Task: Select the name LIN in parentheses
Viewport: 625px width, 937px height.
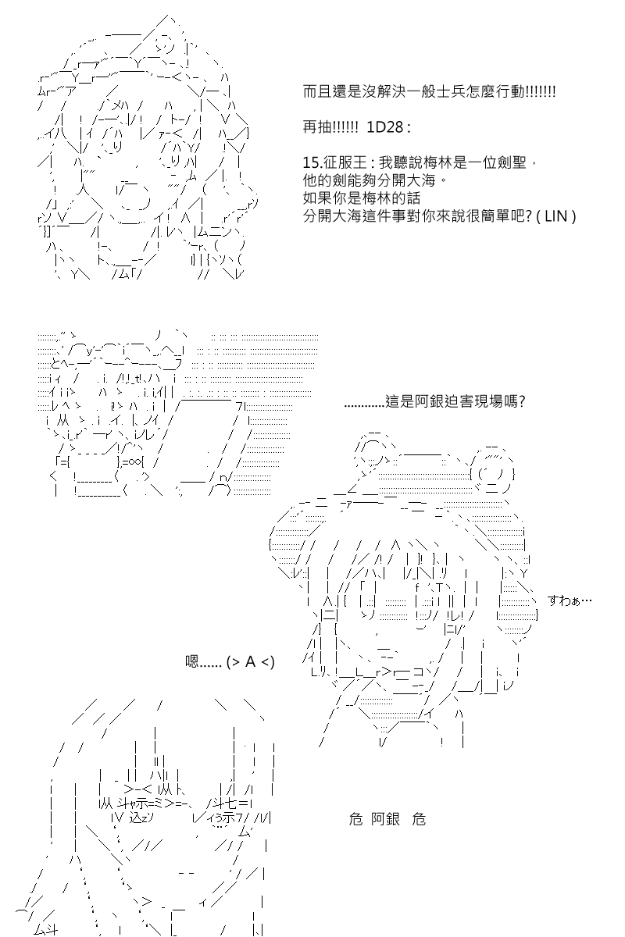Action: pyautogui.click(x=556, y=216)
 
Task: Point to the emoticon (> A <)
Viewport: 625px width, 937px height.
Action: pyautogui.click(x=250, y=662)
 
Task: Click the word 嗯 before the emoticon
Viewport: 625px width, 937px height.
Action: pyautogui.click(x=191, y=661)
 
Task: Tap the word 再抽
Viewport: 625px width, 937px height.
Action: pyautogui.click(x=317, y=126)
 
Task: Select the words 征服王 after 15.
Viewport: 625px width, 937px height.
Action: pyautogui.click(x=340, y=162)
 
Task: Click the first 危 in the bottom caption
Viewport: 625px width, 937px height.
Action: pyautogui.click(x=355, y=819)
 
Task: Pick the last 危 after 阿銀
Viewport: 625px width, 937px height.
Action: pyautogui.click(x=419, y=819)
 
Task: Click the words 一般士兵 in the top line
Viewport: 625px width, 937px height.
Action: pyautogui.click(x=435, y=91)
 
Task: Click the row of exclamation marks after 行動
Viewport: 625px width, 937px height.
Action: pyautogui.click(x=540, y=91)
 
